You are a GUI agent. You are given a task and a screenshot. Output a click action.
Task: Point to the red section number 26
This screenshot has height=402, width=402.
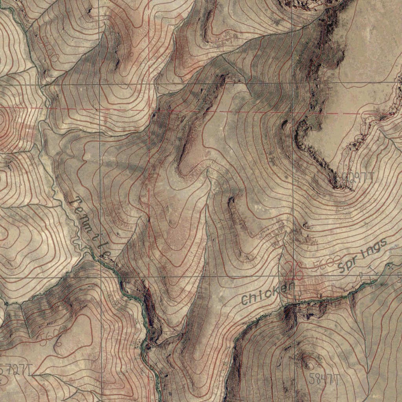294,270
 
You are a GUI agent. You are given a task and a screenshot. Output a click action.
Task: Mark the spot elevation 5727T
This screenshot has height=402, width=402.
16,370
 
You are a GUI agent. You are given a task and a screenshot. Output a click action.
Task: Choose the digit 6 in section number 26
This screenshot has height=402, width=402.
298,270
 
